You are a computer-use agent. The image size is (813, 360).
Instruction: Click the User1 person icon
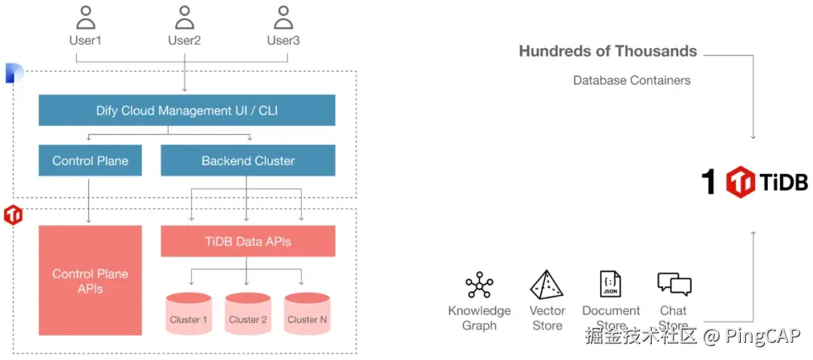[x=86, y=17]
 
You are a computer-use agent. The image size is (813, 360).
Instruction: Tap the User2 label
[x=184, y=40]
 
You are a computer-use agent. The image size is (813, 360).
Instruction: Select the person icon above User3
[x=283, y=17]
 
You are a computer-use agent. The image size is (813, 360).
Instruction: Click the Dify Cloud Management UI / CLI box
[x=187, y=110]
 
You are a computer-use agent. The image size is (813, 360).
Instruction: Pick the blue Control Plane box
[x=90, y=160]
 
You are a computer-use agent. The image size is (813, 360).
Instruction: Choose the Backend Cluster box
[x=248, y=160]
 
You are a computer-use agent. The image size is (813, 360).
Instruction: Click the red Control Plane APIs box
[x=90, y=280]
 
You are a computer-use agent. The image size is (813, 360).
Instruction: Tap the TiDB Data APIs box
[x=248, y=242]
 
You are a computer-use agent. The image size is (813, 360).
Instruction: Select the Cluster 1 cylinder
[x=188, y=314]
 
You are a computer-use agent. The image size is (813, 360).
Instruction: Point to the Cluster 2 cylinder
[x=248, y=314]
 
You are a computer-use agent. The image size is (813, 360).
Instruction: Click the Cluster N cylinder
[x=307, y=314]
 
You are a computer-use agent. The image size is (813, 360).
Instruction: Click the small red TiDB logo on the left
[x=14, y=215]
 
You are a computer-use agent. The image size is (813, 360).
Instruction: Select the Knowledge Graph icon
[x=479, y=286]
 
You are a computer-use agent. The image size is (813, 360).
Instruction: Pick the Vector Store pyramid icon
[x=547, y=285]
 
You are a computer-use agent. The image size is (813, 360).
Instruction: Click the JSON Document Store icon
[x=611, y=285]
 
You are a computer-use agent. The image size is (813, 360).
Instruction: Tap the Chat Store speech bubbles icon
[x=674, y=284]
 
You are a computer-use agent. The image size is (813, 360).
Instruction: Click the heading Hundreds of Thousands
[x=607, y=51]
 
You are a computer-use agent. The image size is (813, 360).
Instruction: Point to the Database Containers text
[x=632, y=80]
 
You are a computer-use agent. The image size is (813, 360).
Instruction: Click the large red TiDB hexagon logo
[x=740, y=182]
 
